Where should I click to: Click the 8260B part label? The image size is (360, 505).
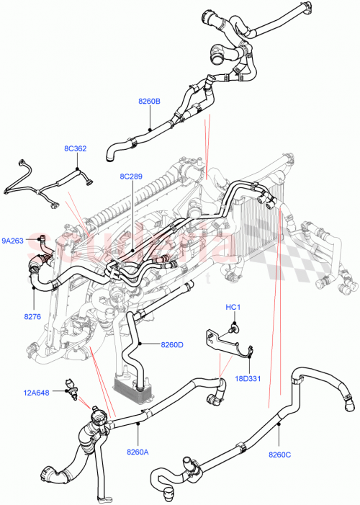[x=149, y=102]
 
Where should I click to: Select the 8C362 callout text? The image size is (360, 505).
[x=75, y=149]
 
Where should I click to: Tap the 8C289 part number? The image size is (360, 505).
[x=132, y=175]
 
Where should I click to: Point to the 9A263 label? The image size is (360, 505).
[x=13, y=241]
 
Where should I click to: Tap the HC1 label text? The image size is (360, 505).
[x=233, y=308]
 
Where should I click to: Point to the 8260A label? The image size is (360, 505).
[x=138, y=452]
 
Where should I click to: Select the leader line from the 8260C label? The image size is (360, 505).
[x=279, y=437]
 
